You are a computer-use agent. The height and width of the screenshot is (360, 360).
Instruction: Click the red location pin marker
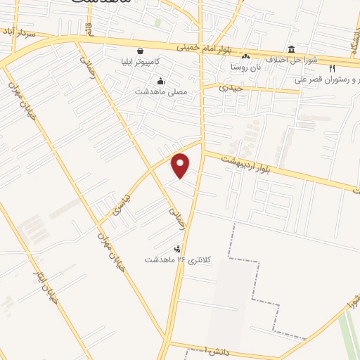(x=181, y=165)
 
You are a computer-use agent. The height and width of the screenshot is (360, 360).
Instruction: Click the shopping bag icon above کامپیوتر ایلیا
(x=141, y=51)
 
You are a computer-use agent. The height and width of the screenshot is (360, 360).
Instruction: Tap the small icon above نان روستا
(x=245, y=57)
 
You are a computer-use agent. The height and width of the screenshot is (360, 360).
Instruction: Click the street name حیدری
(x=230, y=88)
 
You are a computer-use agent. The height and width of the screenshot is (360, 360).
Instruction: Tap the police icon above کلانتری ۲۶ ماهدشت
(x=176, y=248)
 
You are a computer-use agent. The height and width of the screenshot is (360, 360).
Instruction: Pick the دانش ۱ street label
(x=214, y=349)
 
